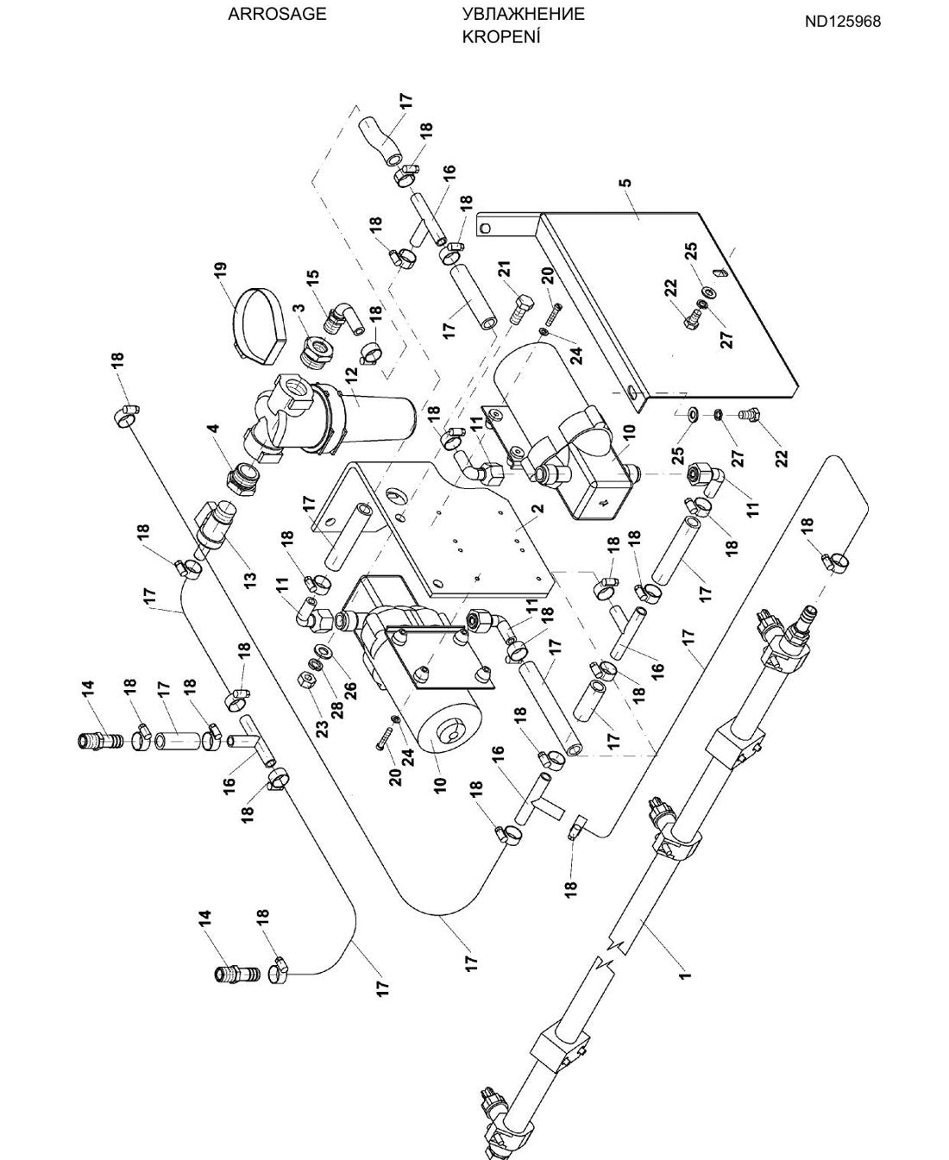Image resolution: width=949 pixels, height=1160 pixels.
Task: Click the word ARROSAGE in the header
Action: tap(277, 15)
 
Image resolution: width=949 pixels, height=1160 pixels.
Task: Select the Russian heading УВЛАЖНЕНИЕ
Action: tap(523, 15)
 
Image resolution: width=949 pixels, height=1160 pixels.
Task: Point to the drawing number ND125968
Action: tap(843, 22)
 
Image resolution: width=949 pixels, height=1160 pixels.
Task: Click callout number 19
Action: tap(221, 273)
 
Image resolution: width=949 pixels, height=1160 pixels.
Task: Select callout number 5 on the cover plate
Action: tap(627, 183)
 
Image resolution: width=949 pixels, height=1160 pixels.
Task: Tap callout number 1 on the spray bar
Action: tap(684, 975)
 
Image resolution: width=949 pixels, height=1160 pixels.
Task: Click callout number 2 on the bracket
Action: tap(538, 508)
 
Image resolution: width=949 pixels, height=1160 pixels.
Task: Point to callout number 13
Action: tap(250, 579)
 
